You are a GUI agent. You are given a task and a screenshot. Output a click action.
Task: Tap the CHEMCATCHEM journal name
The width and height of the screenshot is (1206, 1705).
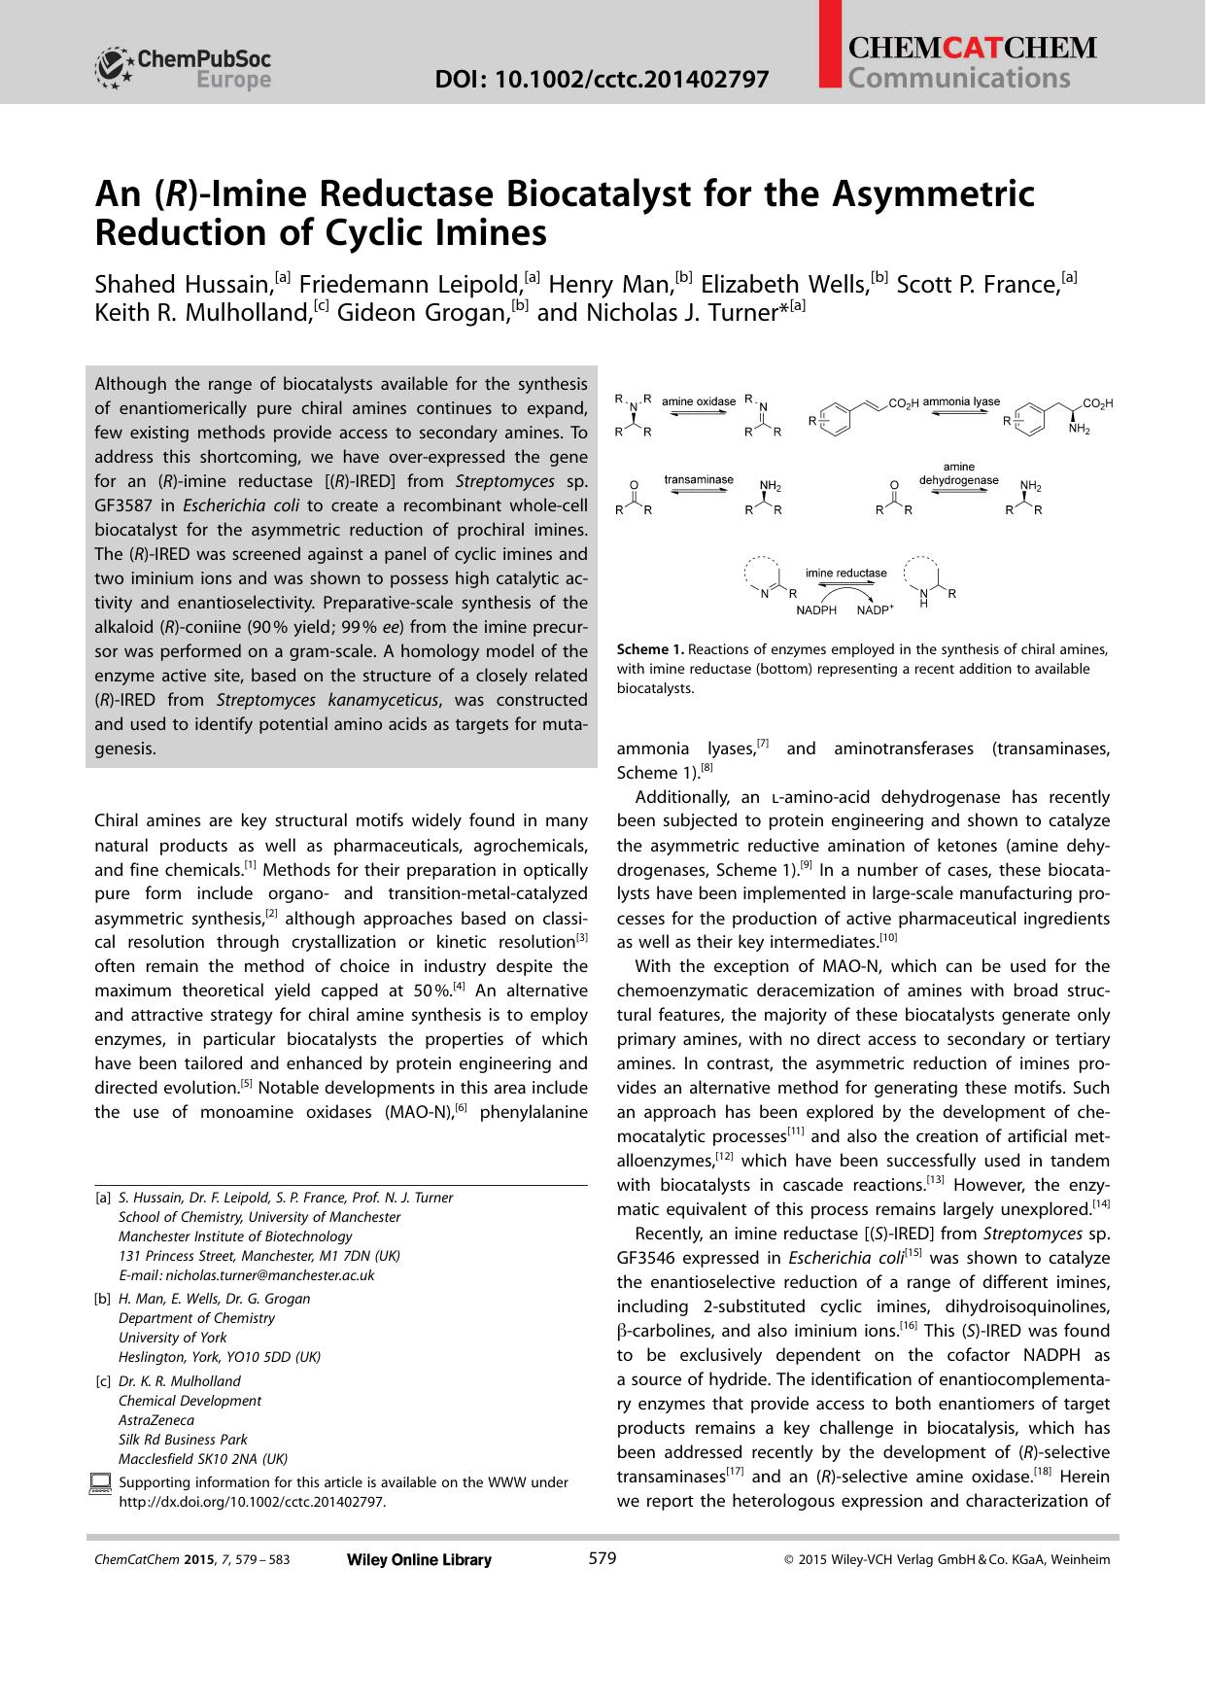point(972,48)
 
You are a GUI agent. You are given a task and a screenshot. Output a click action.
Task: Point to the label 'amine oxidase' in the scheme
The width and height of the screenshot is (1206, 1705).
point(698,400)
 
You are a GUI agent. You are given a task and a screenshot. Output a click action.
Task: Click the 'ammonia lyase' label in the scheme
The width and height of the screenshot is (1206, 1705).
point(960,400)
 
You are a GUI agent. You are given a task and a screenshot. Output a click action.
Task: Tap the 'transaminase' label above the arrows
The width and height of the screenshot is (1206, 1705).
point(698,479)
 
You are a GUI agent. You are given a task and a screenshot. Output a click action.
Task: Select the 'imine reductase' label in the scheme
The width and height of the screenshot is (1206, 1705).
point(845,573)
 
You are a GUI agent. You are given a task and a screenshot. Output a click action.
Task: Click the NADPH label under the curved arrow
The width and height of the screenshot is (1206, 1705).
point(816,610)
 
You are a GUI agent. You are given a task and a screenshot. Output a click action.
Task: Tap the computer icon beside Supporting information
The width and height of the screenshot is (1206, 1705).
point(100,1483)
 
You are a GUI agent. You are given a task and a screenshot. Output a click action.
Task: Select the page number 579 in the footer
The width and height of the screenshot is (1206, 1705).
point(603,1558)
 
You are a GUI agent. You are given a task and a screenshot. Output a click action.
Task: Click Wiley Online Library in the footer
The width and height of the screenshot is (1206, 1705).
point(419,1560)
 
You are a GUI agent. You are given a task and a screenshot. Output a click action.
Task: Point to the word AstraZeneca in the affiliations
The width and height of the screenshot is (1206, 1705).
point(156,1420)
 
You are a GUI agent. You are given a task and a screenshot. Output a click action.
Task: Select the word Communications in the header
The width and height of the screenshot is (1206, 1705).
point(958,79)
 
